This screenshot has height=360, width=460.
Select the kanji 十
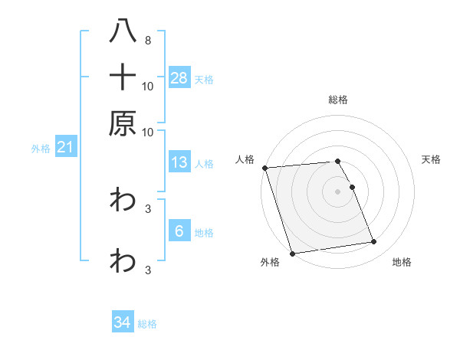(x=123, y=77)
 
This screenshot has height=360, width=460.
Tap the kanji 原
(x=123, y=123)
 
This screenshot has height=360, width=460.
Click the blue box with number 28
(x=179, y=78)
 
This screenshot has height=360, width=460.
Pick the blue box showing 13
(x=179, y=163)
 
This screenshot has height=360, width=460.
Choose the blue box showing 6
(x=179, y=231)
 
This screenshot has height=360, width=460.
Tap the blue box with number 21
(x=64, y=148)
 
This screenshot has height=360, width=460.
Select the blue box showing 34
(x=123, y=323)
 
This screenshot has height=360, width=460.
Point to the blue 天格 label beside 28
(x=204, y=79)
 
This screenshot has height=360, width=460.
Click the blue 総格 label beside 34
(x=147, y=324)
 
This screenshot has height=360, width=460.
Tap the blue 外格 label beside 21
(x=41, y=149)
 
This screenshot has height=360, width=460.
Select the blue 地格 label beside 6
(x=204, y=232)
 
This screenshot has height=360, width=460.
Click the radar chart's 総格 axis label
(x=338, y=100)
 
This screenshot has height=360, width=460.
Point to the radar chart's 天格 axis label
(x=432, y=159)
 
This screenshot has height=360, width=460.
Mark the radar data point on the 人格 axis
(x=264, y=168)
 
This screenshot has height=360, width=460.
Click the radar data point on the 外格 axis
(x=292, y=254)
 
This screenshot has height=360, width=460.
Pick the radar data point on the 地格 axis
(x=374, y=242)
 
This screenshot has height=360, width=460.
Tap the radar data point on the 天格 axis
(x=352, y=187)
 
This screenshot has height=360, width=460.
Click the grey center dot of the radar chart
(x=338, y=191)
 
